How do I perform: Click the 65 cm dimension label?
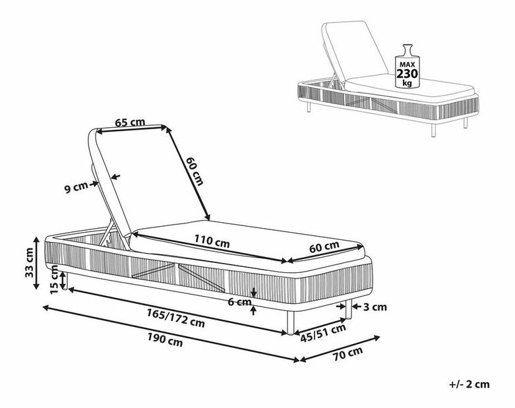coord(130,123)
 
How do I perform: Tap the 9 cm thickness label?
coord(76,188)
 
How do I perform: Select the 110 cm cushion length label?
coord(212,241)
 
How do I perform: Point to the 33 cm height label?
coord(30,262)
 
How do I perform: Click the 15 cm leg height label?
coord(55,279)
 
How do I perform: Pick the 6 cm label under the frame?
coord(239,301)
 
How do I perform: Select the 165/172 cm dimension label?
coord(175,318)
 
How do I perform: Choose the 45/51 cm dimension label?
coord(323,333)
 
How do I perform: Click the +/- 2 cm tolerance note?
coord(469,384)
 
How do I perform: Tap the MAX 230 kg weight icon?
coord(408,67)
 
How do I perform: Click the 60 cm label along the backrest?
coord(195,171)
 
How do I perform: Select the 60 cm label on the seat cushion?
coord(324,247)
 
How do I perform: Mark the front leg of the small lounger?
coord(433,130)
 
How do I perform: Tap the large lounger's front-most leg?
coord(290,322)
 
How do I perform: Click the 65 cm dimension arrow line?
coord(131,129)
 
